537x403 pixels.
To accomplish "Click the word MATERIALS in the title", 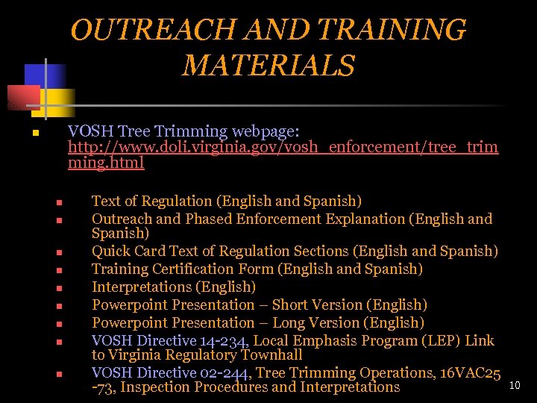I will (268, 65).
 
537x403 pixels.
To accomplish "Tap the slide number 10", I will (513, 385).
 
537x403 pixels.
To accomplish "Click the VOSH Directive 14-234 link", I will (173, 341).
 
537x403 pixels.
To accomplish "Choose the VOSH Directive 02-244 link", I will (173, 373).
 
